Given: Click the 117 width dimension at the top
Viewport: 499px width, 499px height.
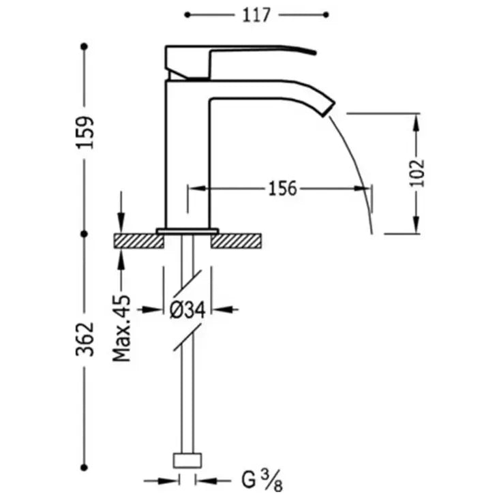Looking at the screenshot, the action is click(256, 15).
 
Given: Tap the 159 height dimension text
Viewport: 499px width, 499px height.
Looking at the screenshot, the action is click(85, 133).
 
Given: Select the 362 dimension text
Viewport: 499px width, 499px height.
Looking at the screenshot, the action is click(85, 339).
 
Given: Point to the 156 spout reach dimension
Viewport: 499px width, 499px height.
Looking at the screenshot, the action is click(283, 188).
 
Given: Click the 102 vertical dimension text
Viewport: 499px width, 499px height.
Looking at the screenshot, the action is click(417, 173).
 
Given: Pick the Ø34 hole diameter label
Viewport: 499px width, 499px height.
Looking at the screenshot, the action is click(187, 309).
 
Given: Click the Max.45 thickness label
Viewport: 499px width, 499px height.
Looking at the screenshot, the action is click(122, 329).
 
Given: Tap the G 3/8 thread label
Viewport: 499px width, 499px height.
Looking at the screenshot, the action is click(262, 481).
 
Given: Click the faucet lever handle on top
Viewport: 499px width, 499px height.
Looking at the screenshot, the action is click(240, 61).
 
